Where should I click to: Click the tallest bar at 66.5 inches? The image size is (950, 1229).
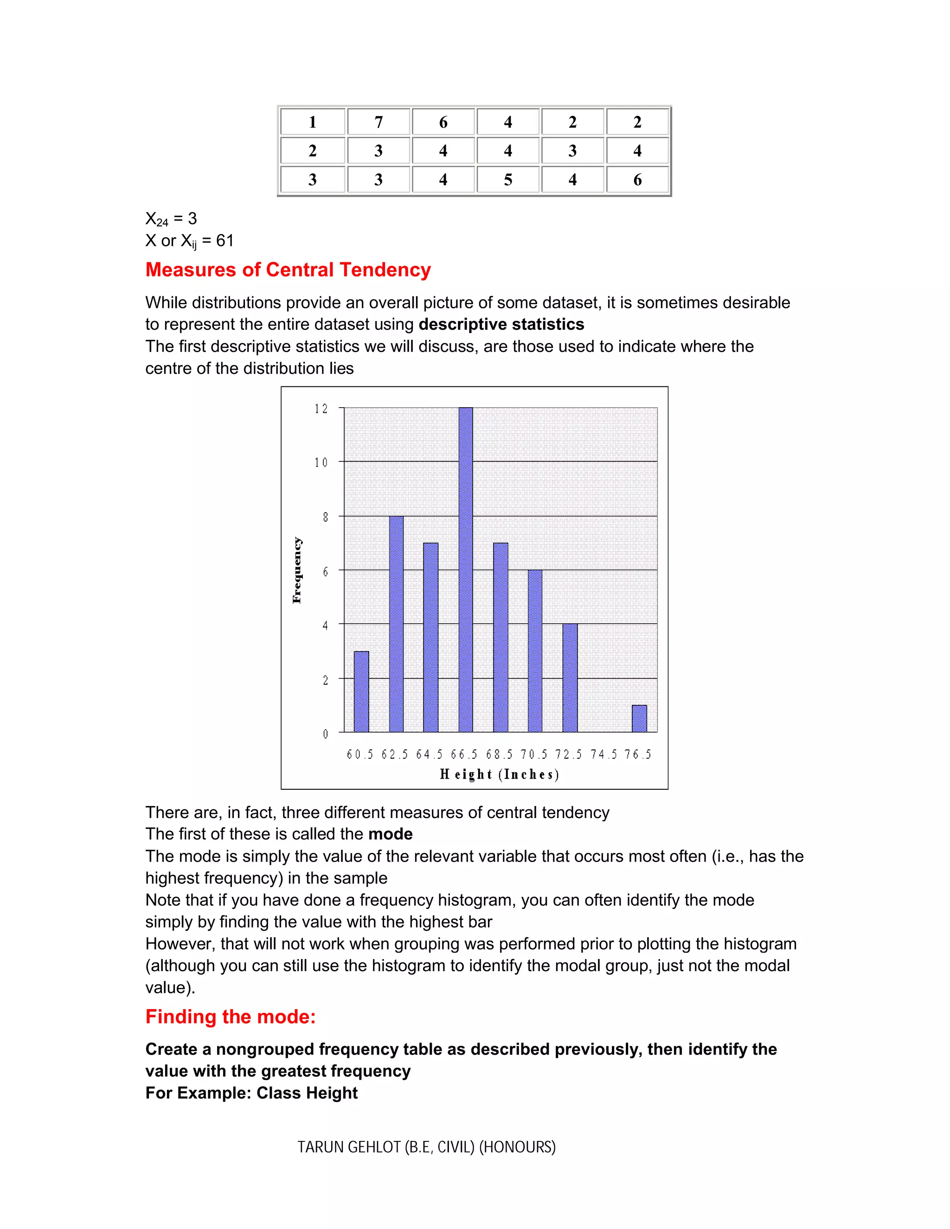pos(465,570)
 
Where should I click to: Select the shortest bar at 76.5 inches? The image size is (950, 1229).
pos(639,718)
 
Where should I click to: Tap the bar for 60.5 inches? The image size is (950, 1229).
pos(361,691)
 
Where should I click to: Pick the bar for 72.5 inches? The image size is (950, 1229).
pos(570,678)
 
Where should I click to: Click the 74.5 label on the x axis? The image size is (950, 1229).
pos(603,755)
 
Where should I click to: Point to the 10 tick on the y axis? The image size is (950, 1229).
pos(321,462)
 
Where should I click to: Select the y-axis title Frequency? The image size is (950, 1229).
pos(297,570)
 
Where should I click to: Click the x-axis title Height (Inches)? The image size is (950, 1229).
pos(499,775)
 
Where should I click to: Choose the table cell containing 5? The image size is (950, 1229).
pos(507,179)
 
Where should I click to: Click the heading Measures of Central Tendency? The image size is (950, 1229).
pos(288,269)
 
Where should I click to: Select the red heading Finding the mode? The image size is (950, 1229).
pos(230,1016)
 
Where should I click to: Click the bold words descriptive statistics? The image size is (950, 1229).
pos(501,324)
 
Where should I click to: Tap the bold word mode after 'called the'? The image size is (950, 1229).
pos(390,834)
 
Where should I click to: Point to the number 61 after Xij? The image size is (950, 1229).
pos(225,241)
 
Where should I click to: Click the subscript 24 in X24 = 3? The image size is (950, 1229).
pos(162,223)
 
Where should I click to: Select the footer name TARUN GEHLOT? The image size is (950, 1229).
pos(349,1147)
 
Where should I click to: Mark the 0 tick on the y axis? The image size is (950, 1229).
pos(325,734)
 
